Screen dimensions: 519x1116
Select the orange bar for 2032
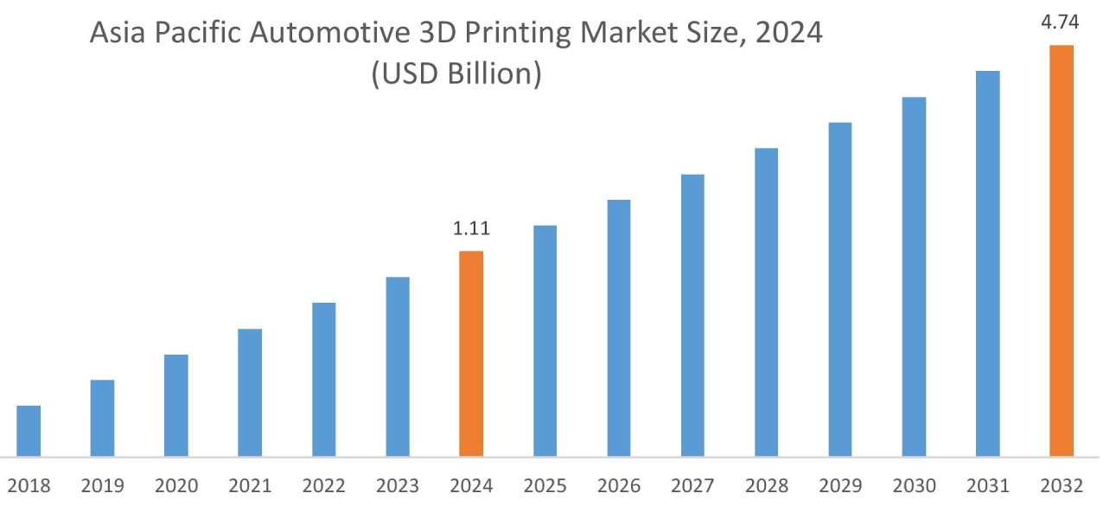(x=1061, y=250)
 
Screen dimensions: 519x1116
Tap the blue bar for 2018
(x=29, y=430)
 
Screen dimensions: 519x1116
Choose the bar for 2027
(x=692, y=315)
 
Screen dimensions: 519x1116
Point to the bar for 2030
(x=914, y=276)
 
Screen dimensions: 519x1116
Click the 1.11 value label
(x=471, y=229)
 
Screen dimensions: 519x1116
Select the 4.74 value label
(x=1061, y=22)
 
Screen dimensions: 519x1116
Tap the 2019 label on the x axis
(x=102, y=486)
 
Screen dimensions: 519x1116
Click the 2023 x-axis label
(x=398, y=486)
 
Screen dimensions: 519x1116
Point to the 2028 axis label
(x=766, y=486)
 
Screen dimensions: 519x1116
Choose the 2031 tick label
(x=987, y=486)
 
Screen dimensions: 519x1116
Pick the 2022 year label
(x=323, y=486)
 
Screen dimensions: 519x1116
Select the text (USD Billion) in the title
(x=456, y=74)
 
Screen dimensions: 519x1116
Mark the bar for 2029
(x=840, y=289)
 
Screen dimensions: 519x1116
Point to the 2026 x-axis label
(x=619, y=486)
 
